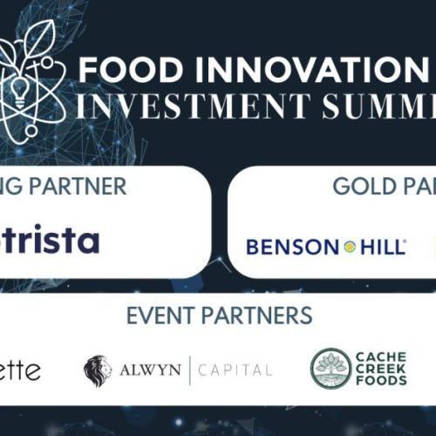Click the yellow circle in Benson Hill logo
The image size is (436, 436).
pos(349,248)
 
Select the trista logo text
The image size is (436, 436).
pos(52,240)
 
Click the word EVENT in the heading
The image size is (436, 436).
pos(166,316)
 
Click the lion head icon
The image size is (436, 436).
pos(98,370)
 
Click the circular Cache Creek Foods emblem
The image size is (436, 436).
pos(330,368)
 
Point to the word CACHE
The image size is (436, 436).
pos(381,357)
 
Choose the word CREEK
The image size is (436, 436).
pos(381,368)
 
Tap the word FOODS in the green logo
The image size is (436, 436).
pos(381,380)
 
